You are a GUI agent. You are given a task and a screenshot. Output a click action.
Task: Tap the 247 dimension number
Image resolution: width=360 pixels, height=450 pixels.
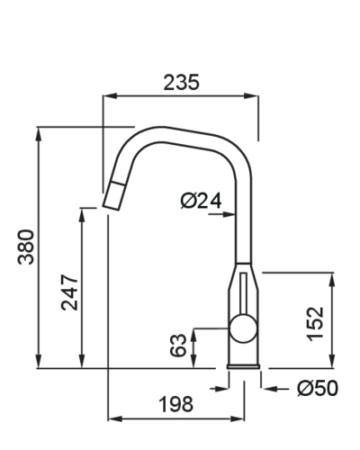70,292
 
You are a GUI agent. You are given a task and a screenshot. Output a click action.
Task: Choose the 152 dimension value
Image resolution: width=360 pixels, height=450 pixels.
315,322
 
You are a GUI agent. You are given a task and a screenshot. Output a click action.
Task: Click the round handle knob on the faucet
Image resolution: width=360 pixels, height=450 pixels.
241,330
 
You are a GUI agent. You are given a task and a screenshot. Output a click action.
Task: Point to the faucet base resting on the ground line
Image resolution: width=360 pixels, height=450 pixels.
243,364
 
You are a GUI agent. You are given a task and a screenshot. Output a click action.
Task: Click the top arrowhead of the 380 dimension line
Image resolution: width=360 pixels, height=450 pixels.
39,132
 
